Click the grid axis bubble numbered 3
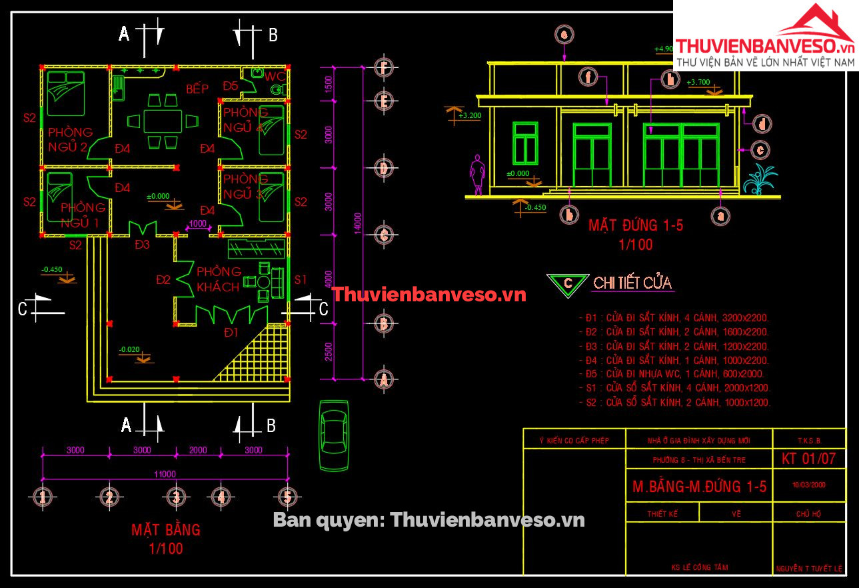175,497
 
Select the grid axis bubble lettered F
383,67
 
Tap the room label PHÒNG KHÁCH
219,279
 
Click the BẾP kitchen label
197,89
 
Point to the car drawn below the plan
333,434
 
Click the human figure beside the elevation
476,175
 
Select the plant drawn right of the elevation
760,179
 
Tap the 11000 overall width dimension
164,474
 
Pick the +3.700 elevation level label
698,83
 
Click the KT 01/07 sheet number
808,459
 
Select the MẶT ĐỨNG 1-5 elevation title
635,226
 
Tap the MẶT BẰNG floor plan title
165,530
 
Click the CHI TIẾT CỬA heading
632,283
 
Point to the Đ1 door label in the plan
231,332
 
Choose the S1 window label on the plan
301,279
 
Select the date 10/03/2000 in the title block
809,485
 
